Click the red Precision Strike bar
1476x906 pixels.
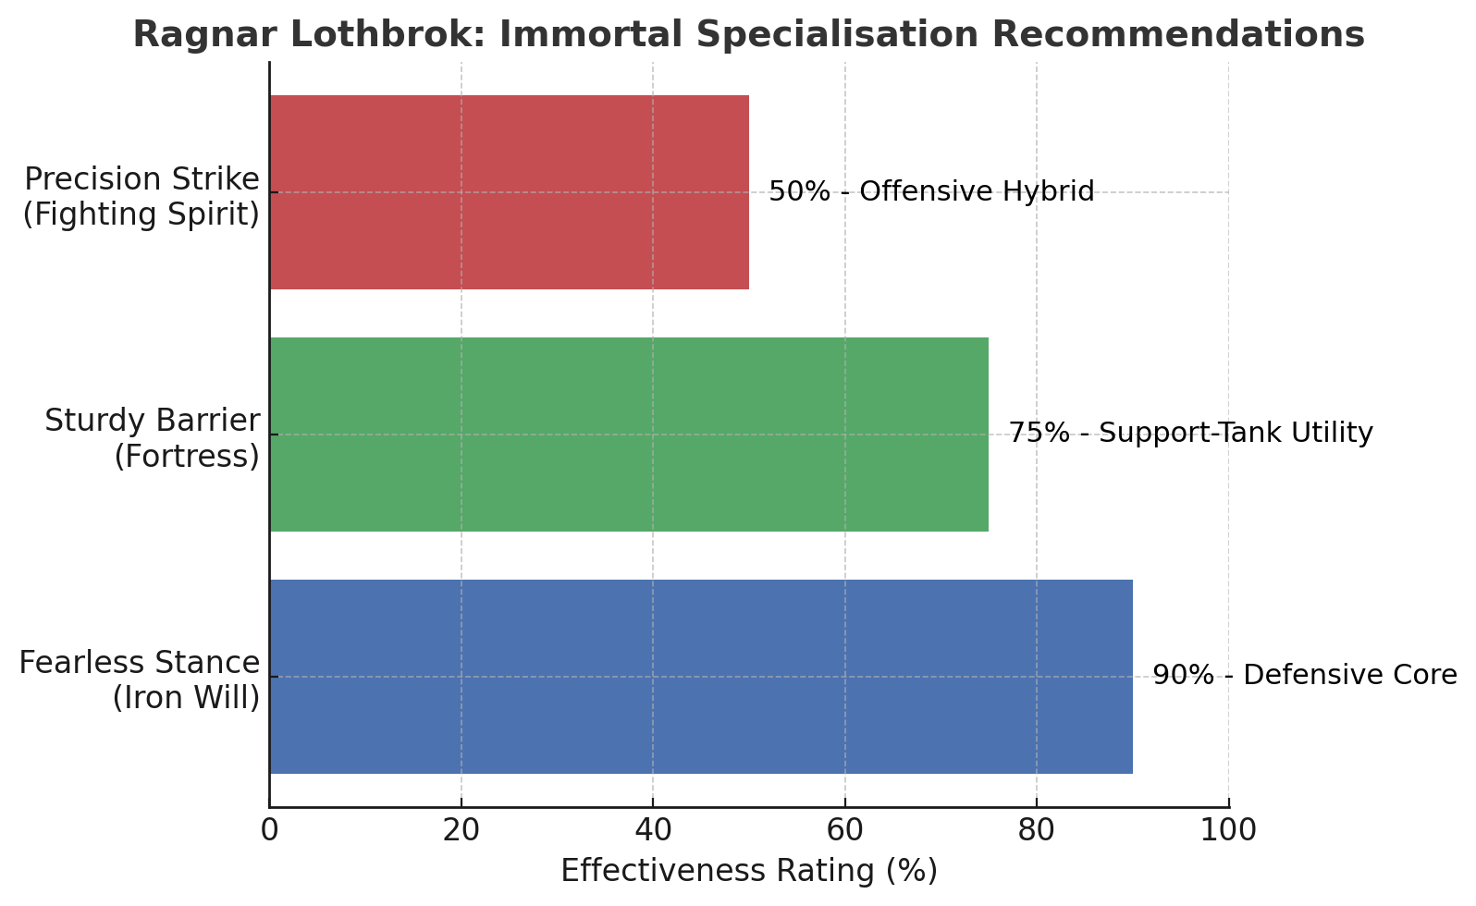509,192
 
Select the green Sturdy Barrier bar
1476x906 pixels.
629,435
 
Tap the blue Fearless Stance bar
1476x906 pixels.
701,677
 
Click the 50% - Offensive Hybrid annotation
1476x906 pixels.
931,192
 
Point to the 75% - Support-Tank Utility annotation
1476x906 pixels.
1190,434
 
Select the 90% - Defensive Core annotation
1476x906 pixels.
1304,676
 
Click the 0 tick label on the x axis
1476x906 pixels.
269,830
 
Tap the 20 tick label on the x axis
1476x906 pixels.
461,830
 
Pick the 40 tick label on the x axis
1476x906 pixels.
653,830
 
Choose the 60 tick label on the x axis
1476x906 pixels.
844,830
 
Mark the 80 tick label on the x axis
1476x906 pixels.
1037,830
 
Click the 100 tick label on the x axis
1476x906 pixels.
1228,830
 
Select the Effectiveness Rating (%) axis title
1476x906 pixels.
749,871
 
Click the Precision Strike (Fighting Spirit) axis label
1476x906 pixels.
141,196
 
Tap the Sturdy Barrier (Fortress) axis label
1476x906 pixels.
153,438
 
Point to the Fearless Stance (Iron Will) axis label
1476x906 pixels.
140,680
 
